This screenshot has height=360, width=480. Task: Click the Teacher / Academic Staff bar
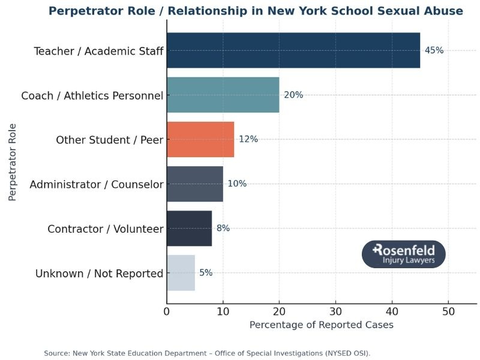pyautogui.click(x=293, y=50)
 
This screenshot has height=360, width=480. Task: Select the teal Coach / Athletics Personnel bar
pyautogui.click(x=223, y=95)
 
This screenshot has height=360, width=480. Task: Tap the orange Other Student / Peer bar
pyautogui.click(x=200, y=139)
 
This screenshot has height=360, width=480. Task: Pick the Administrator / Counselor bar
pyautogui.click(x=194, y=184)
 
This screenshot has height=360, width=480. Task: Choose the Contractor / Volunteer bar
pyautogui.click(x=189, y=228)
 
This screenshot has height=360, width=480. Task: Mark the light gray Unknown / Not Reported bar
pyautogui.click(x=181, y=273)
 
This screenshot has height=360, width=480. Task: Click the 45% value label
pyautogui.click(x=434, y=50)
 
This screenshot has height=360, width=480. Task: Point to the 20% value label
pyautogui.click(x=293, y=95)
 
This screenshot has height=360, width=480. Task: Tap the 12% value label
pyautogui.click(x=248, y=139)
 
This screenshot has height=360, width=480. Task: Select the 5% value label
pyautogui.click(x=206, y=273)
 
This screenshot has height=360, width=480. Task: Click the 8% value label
pyautogui.click(x=223, y=228)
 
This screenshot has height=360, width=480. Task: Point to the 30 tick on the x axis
pyautogui.click(x=335, y=312)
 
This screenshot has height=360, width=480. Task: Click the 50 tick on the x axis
pyautogui.click(x=448, y=312)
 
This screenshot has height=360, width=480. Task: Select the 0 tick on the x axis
pyautogui.click(x=167, y=312)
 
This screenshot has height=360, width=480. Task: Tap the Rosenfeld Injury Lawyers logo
pyautogui.click(x=403, y=254)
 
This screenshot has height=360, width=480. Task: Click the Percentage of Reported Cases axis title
pyautogui.click(x=321, y=325)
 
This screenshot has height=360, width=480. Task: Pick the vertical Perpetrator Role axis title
pyautogui.click(x=13, y=162)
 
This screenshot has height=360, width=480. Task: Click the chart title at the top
pyautogui.click(x=256, y=11)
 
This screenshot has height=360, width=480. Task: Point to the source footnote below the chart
pyautogui.click(x=207, y=353)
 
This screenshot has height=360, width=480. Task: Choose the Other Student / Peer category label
pyautogui.click(x=109, y=140)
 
